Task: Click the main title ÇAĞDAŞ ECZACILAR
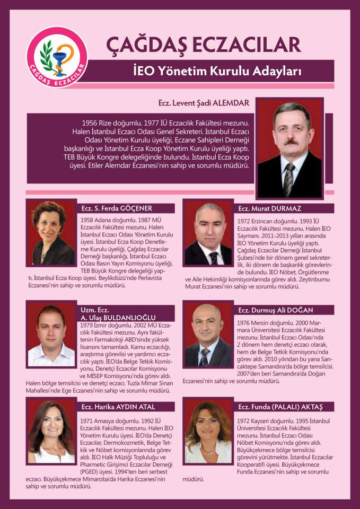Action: tap(204, 45)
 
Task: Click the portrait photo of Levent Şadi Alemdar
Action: tap(289, 149)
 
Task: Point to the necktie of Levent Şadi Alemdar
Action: tap(288, 178)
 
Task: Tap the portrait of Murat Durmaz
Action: tap(208, 233)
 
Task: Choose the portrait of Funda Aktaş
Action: tap(208, 433)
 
